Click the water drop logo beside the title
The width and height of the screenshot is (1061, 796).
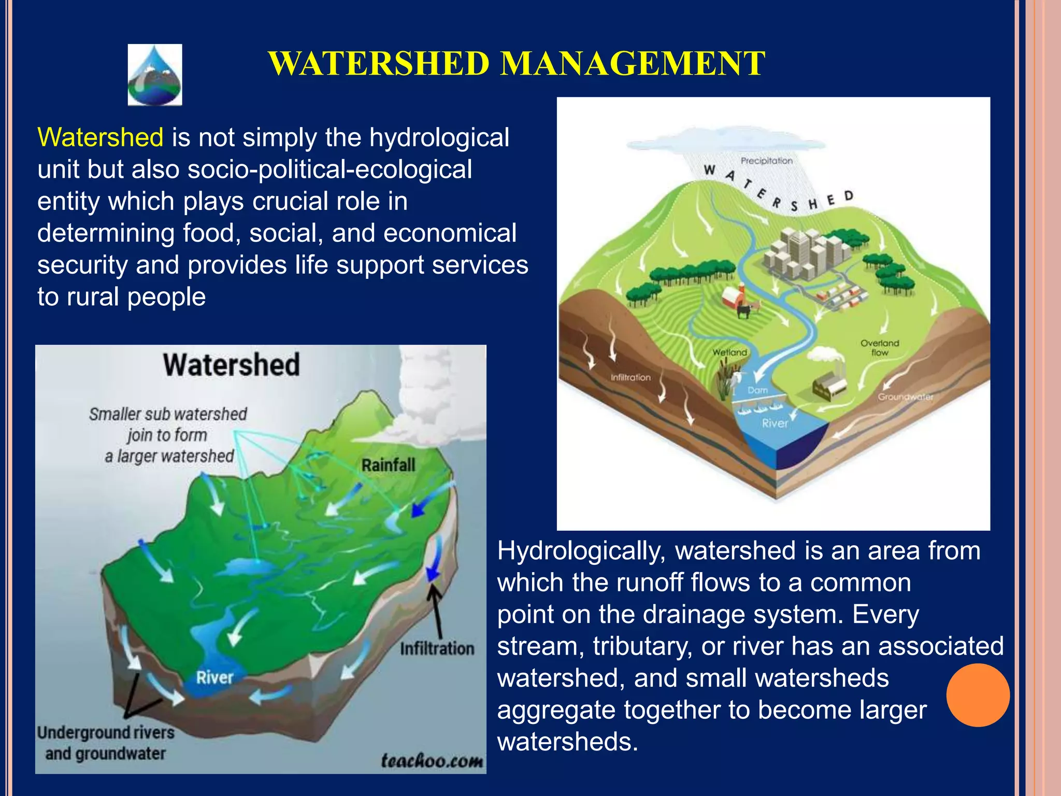155,75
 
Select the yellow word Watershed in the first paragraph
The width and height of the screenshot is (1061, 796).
101,138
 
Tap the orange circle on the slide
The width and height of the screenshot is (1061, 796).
978,695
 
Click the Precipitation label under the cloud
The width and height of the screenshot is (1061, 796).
766,161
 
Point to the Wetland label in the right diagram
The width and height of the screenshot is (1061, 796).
729,352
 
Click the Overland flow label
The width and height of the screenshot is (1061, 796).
879,348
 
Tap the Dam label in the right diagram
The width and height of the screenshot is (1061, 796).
757,390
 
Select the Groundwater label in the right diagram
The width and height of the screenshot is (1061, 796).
905,397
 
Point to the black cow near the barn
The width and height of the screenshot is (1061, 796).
744,311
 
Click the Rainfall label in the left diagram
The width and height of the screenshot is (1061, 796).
388,465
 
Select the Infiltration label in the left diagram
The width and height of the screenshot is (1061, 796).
437,648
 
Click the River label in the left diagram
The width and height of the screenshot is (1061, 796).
214,677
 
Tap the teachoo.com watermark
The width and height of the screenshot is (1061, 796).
432,760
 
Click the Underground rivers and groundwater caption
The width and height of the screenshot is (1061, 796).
106,743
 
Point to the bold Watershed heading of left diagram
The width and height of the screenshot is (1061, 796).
231,364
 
